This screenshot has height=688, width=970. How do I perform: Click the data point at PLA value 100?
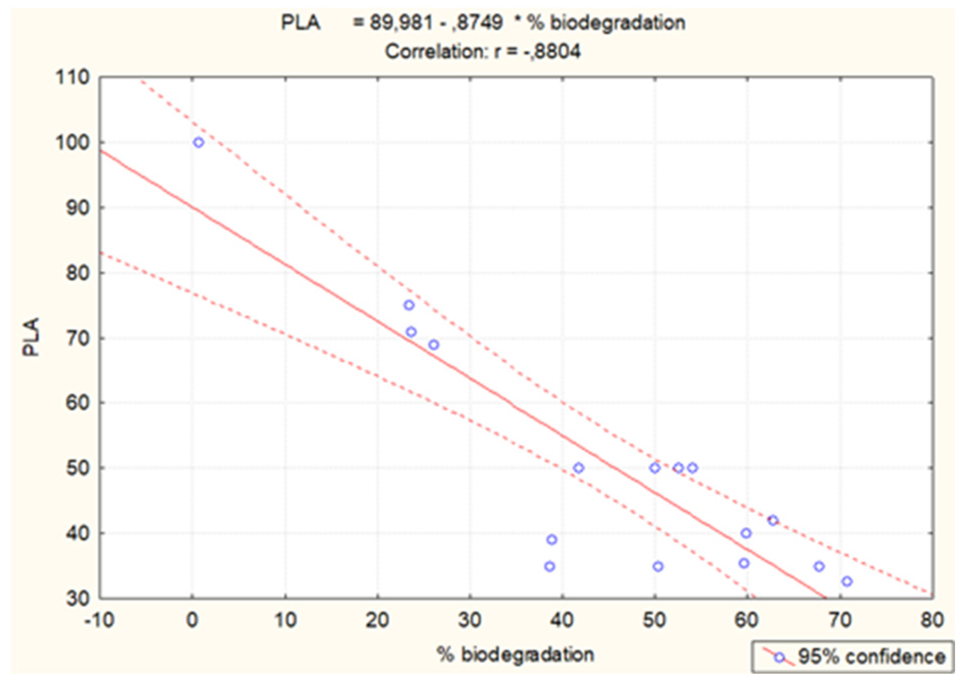click(x=198, y=142)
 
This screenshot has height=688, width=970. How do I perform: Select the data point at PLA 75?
click(x=409, y=305)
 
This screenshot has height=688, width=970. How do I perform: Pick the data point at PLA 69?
click(x=434, y=345)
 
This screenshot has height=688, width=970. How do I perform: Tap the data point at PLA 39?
click(x=552, y=540)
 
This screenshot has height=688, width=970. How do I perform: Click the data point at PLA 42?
click(x=773, y=521)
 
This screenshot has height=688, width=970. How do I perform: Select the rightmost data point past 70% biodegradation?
click(x=847, y=582)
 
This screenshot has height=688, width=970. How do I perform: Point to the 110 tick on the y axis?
click(x=73, y=78)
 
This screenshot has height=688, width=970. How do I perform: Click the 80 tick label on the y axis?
click(x=78, y=273)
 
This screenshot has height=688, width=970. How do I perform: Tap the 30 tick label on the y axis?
click(x=78, y=599)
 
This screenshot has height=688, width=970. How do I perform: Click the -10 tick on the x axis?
click(x=99, y=620)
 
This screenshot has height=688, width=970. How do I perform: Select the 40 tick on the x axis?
click(x=562, y=620)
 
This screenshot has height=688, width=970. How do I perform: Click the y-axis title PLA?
click(x=31, y=337)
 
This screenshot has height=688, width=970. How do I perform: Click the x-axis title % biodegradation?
click(x=515, y=655)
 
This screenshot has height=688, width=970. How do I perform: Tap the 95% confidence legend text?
click(x=872, y=657)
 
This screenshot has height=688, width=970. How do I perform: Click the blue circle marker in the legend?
click(x=779, y=658)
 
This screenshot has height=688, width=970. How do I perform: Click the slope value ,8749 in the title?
click(x=477, y=23)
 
